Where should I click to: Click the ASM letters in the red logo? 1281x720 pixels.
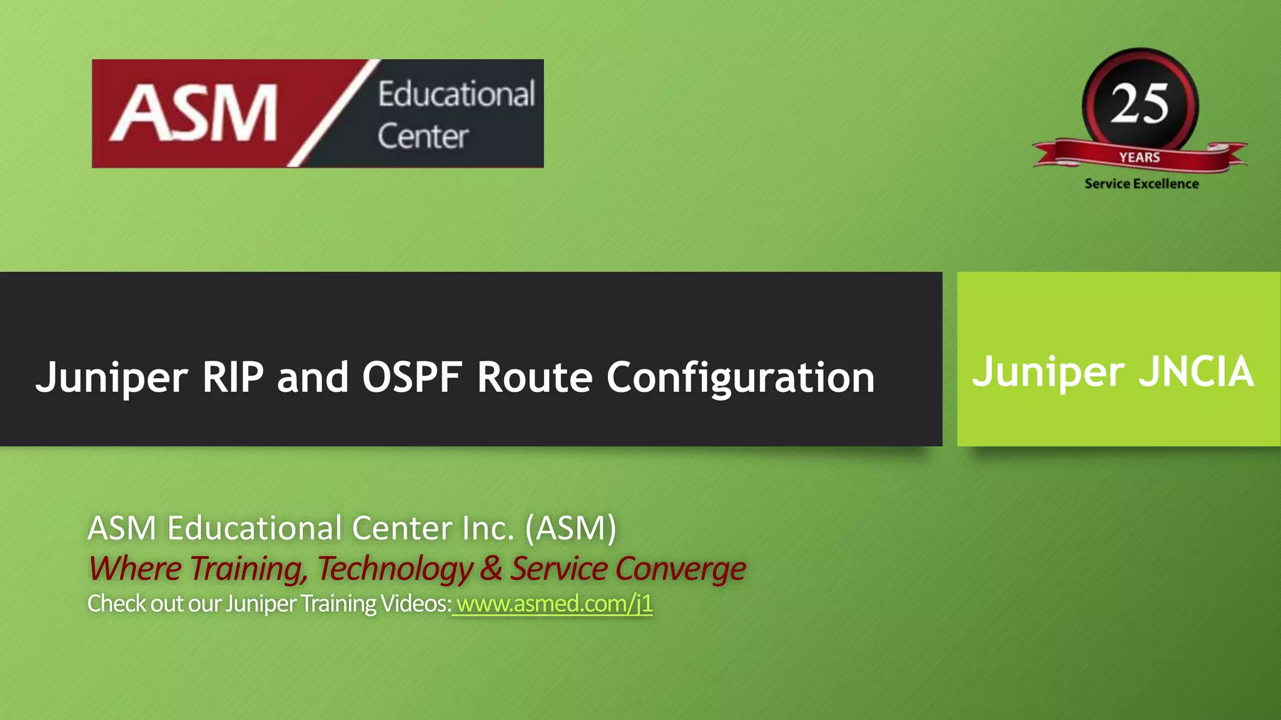click(195, 113)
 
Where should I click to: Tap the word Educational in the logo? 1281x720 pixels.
click(457, 94)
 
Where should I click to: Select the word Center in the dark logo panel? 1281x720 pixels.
click(423, 136)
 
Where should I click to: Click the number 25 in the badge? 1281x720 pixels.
click(1140, 104)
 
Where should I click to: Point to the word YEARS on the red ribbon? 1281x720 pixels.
click(1140, 157)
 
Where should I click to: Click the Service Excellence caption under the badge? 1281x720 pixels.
click(1142, 184)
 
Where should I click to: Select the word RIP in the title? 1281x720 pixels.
click(233, 377)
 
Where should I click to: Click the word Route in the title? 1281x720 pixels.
click(534, 377)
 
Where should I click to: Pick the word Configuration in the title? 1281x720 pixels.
click(741, 378)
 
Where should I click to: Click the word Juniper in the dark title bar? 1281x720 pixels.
click(111, 377)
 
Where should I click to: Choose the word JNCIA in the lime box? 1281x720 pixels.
click(1196, 372)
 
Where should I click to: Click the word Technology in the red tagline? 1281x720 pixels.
click(395, 569)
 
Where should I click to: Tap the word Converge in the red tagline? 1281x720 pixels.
click(681, 569)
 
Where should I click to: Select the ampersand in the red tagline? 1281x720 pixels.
click(492, 569)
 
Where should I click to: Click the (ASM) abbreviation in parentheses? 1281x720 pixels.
click(570, 528)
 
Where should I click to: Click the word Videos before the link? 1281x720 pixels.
click(415, 604)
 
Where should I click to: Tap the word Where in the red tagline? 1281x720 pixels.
click(135, 569)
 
